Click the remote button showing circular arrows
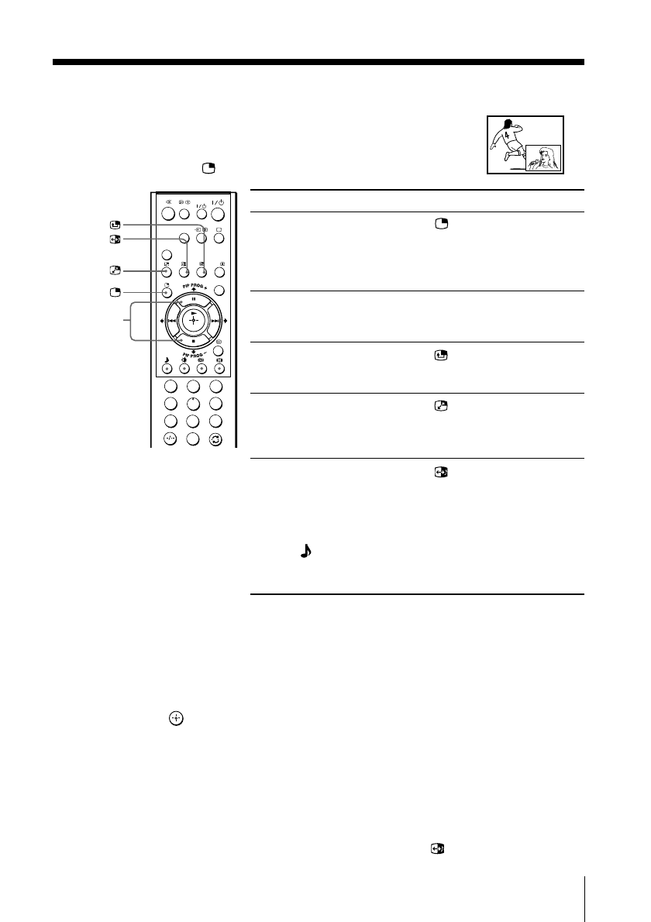click(x=216, y=439)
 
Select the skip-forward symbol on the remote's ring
click(x=215, y=320)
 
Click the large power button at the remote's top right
click(x=218, y=215)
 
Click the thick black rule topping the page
click(x=318, y=62)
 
